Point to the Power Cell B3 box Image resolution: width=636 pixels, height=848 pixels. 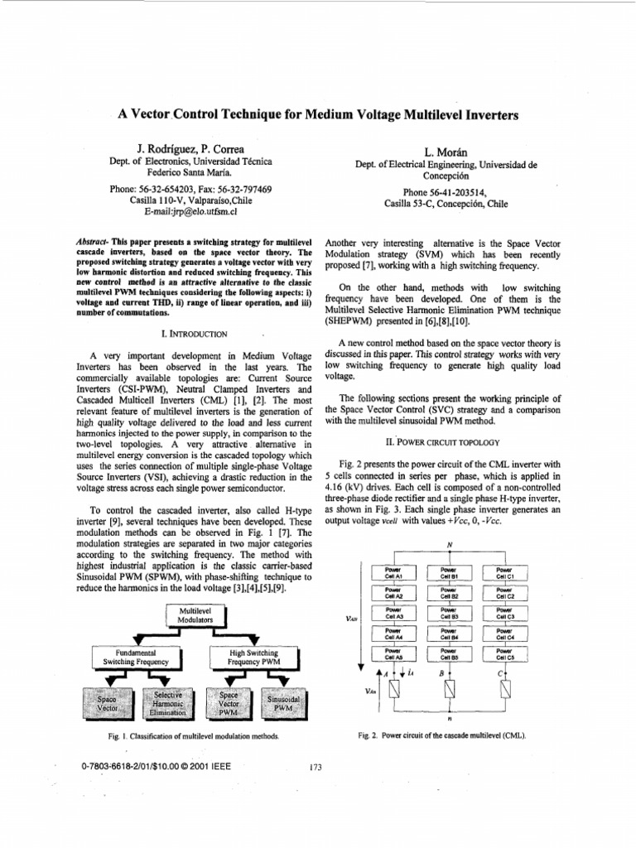pos(449,613)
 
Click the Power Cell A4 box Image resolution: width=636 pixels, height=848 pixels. pos(393,634)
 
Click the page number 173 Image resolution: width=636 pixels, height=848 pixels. pos(314,768)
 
